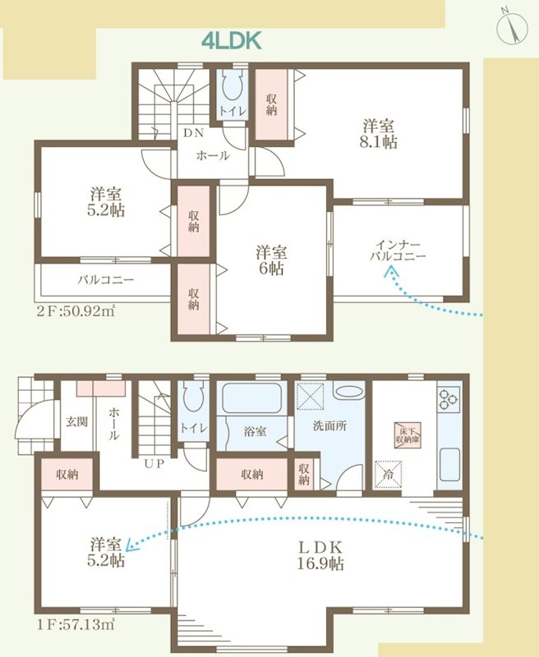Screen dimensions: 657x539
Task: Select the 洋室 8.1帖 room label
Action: (x=380, y=134)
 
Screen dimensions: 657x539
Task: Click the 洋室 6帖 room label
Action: (x=269, y=260)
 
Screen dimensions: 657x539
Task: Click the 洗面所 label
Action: (x=330, y=427)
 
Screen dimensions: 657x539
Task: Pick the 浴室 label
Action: (x=255, y=430)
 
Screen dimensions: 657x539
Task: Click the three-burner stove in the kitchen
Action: (x=449, y=399)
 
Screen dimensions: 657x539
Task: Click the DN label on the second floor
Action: (x=193, y=133)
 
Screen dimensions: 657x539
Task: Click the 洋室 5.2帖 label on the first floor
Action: (x=108, y=553)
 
